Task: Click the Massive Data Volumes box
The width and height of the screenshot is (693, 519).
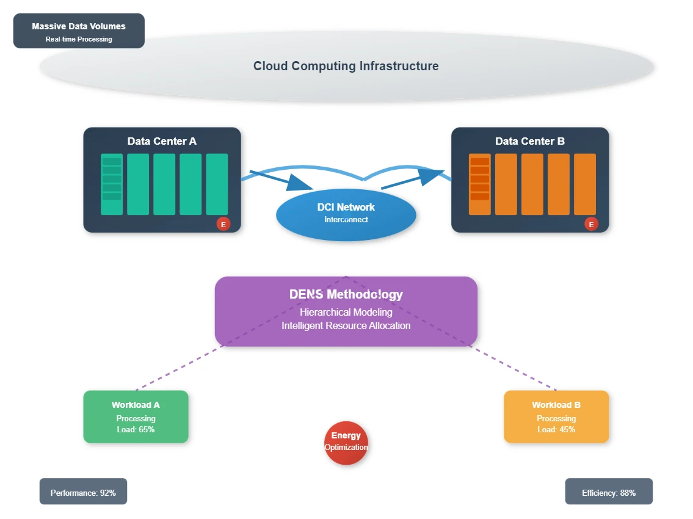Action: pyautogui.click(x=79, y=31)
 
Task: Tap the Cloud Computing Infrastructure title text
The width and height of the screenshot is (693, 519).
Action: pyautogui.click(x=346, y=66)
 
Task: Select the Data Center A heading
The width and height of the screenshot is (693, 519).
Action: pyautogui.click(x=162, y=141)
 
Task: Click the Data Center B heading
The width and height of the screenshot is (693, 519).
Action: pyautogui.click(x=530, y=141)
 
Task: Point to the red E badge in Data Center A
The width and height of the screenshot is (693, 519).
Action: pyautogui.click(x=223, y=224)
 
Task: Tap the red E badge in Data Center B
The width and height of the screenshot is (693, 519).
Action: pyautogui.click(x=591, y=224)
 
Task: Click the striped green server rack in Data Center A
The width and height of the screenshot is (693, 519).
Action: pyautogui.click(x=112, y=184)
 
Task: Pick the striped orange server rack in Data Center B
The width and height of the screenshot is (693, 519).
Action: pyautogui.click(x=479, y=184)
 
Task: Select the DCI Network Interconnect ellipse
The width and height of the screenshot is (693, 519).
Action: pyautogui.click(x=346, y=215)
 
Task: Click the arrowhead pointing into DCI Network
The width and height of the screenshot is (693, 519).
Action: pyautogui.click(x=300, y=183)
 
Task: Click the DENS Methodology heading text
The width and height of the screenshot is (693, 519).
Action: pyautogui.click(x=346, y=294)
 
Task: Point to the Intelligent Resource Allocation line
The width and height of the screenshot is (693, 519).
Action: pyautogui.click(x=346, y=326)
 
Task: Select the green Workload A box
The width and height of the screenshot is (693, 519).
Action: pyautogui.click(x=136, y=416)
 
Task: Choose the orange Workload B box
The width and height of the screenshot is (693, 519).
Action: pyautogui.click(x=556, y=416)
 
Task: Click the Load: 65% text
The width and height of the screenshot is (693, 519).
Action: pyautogui.click(x=136, y=430)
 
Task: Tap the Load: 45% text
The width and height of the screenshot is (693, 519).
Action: pyautogui.click(x=556, y=430)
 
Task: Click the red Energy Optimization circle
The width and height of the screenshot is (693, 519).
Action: pyautogui.click(x=346, y=443)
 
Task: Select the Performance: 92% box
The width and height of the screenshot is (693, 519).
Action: pyautogui.click(x=83, y=491)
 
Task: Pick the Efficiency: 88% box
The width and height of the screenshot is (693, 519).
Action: pyautogui.click(x=609, y=491)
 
